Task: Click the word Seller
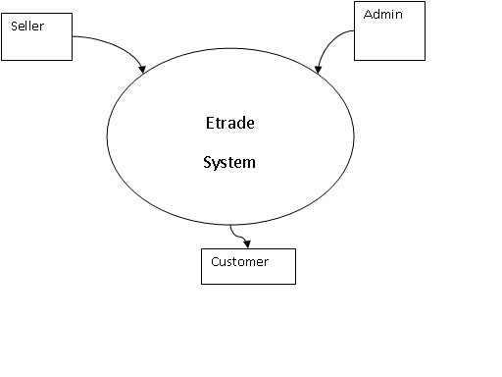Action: coord(25,26)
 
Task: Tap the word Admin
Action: coord(381,15)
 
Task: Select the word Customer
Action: coord(239,262)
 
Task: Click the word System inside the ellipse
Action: coord(228,162)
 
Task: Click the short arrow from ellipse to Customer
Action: coord(238,237)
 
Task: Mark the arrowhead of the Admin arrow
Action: coord(318,70)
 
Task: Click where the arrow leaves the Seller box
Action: coord(74,38)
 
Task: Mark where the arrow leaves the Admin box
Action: coord(354,31)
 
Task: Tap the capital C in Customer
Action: coord(215,262)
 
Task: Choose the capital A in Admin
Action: coord(368,15)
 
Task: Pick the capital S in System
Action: coord(207,162)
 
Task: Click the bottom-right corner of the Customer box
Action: coord(295,284)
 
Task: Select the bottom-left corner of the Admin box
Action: coord(354,61)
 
